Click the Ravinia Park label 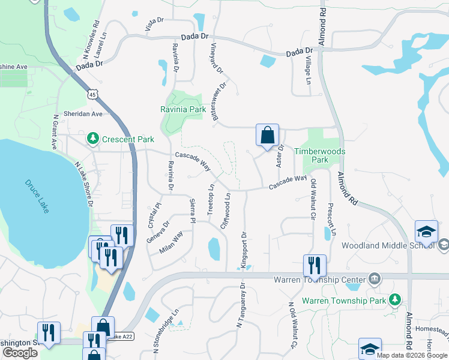point(183,110)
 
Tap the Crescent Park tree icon point(92,139)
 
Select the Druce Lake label point(37,189)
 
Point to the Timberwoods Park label point(320,155)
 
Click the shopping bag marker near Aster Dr point(267,136)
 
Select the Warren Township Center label point(319,280)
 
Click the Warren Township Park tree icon point(394,299)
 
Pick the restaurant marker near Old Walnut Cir point(315,265)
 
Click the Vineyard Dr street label point(217,59)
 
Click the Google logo point(20,353)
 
